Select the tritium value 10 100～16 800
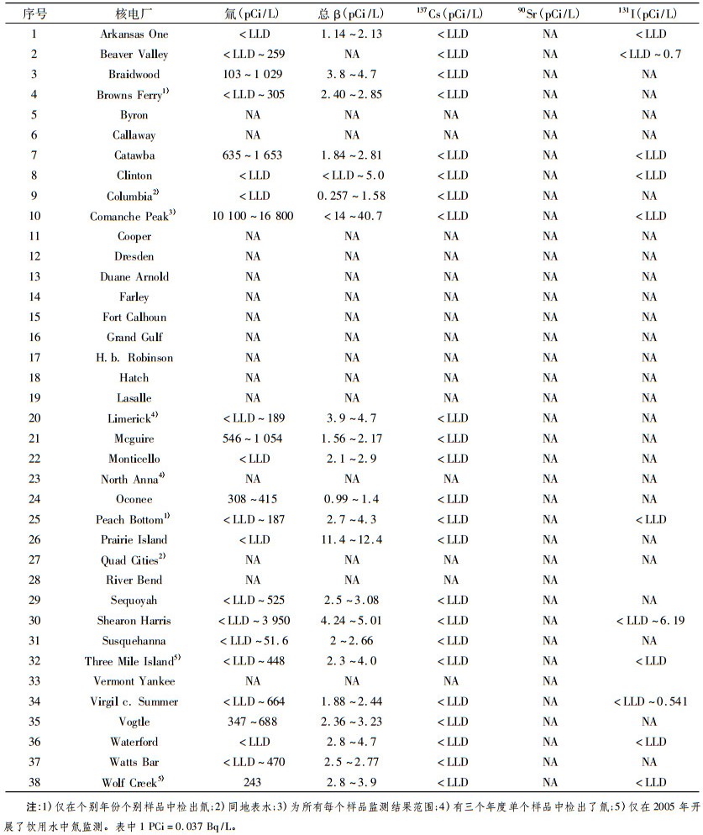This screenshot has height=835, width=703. pos(253,216)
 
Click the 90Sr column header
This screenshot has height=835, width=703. pos(550,13)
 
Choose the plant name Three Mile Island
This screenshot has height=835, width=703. pos(130,660)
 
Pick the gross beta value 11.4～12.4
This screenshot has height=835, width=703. pos(351,539)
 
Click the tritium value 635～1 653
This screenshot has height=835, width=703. pos(253,155)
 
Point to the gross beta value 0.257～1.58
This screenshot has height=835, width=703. pos(351,196)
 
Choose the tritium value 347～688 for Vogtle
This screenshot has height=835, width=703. pos(253,722)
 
